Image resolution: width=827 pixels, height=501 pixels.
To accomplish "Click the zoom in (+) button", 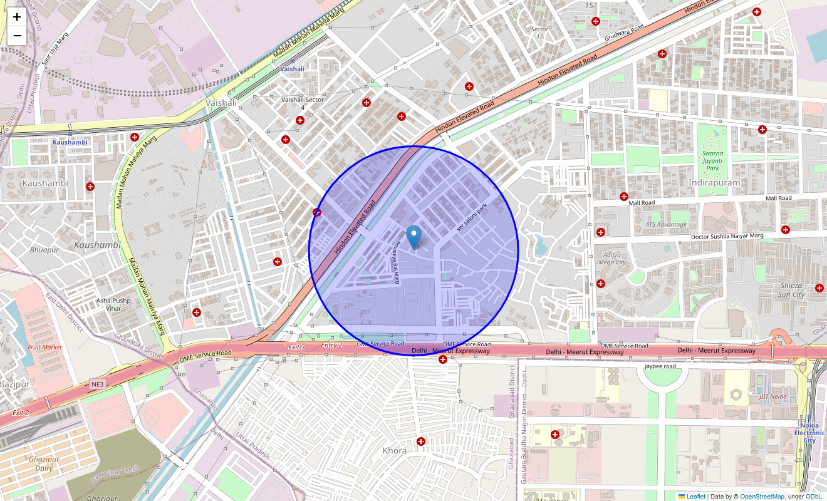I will coord(17,17).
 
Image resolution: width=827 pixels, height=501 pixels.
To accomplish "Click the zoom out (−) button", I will coord(17,36).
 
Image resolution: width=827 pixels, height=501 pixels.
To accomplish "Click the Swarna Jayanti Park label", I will coord(712,160).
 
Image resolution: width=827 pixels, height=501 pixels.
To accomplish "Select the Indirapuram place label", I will coord(714,182).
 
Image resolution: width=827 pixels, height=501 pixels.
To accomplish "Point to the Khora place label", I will coord(395,450).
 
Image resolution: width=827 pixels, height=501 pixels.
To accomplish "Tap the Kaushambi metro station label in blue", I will coord(70,142).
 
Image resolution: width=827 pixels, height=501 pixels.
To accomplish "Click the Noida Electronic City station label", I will coord(809,433).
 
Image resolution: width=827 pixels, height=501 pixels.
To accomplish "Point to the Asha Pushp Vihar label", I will coord(113,304).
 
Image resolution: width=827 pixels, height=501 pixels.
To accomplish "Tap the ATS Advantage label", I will coord(666,224).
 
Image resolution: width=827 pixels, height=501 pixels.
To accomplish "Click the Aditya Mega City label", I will coord(613,258).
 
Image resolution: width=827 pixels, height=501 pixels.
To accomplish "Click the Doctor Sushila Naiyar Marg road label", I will coord(727,236).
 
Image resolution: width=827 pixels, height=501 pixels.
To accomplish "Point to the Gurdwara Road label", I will coord(624,33).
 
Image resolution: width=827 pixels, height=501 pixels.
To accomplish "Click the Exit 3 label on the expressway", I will coord(296,347).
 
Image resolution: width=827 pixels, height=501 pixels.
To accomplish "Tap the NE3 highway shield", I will coord(97,383).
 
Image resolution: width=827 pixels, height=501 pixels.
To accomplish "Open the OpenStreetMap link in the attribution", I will coord(762,496).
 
